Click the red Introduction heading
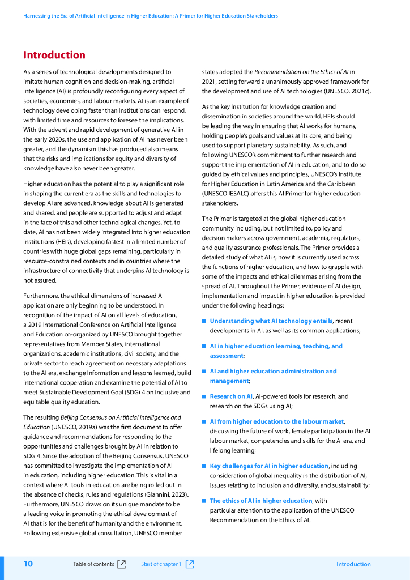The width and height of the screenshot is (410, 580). pos(54,55)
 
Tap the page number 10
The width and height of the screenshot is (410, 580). pos(28,564)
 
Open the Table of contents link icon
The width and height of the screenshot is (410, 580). pos(121,564)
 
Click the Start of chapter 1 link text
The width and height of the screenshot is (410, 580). pos(161,564)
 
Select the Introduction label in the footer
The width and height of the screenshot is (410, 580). pos(353,564)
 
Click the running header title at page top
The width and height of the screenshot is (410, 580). pos(151,16)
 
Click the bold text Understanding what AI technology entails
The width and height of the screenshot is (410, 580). pos(271,321)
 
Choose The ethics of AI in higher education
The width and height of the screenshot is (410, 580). pos(261,501)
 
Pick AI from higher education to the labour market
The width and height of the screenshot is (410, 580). pos(277,421)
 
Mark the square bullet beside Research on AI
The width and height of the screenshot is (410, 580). pos(204,396)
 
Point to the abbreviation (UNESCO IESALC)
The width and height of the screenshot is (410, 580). pos(228,194)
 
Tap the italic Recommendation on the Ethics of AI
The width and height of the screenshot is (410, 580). pos(301,72)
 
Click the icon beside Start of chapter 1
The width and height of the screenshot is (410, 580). pos(190,564)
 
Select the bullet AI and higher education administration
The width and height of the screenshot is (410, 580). pos(273,372)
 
